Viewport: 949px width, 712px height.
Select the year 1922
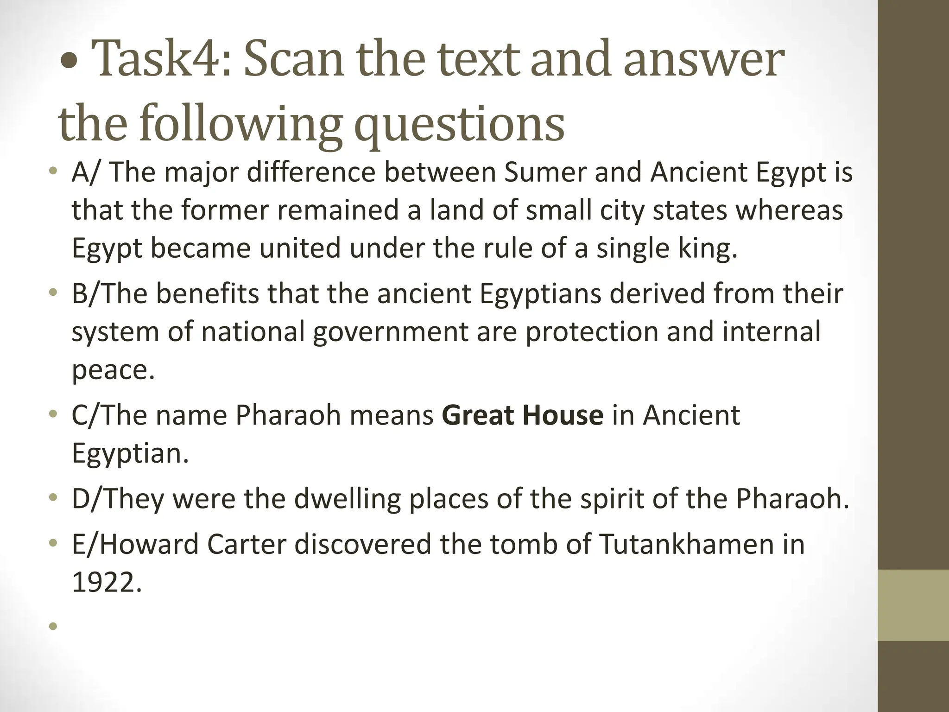tap(106, 582)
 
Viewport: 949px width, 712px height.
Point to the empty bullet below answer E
tap(53, 627)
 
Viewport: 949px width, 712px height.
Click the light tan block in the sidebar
tap(913, 605)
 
